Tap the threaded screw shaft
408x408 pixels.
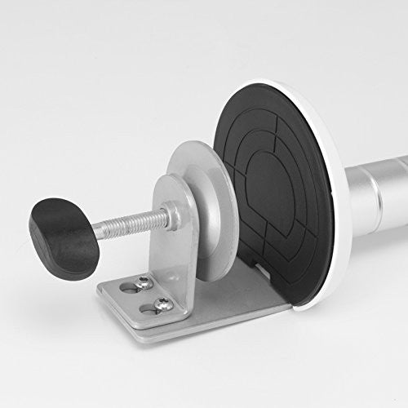(x=131, y=222)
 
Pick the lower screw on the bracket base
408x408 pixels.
(x=161, y=304)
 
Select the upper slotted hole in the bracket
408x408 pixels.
(x=127, y=287)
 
